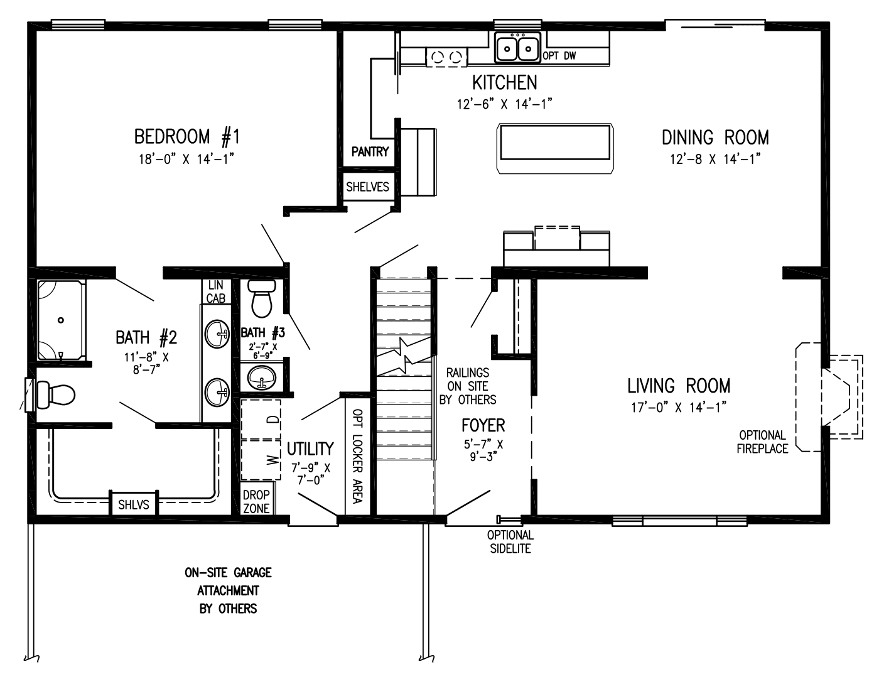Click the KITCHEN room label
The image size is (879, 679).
[x=504, y=82]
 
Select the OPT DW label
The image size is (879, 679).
[x=559, y=56]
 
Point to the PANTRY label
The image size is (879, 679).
[x=370, y=151]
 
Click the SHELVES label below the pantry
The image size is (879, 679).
[x=368, y=187]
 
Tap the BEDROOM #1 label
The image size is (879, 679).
[x=186, y=136]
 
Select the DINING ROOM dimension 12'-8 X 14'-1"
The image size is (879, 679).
[x=715, y=159]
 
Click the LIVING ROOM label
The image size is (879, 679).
[x=679, y=385]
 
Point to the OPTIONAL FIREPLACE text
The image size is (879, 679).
[x=762, y=442]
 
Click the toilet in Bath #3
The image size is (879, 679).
[x=262, y=298]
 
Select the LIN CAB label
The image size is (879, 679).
[x=216, y=292]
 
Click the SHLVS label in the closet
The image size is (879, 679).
[x=134, y=504]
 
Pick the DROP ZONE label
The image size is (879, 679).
[x=256, y=501]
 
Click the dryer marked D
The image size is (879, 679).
[x=261, y=419]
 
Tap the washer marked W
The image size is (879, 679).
[x=261, y=460]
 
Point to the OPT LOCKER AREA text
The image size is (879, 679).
[x=357, y=456]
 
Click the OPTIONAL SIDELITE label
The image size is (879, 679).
[x=510, y=541]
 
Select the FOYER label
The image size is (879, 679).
[x=483, y=425]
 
